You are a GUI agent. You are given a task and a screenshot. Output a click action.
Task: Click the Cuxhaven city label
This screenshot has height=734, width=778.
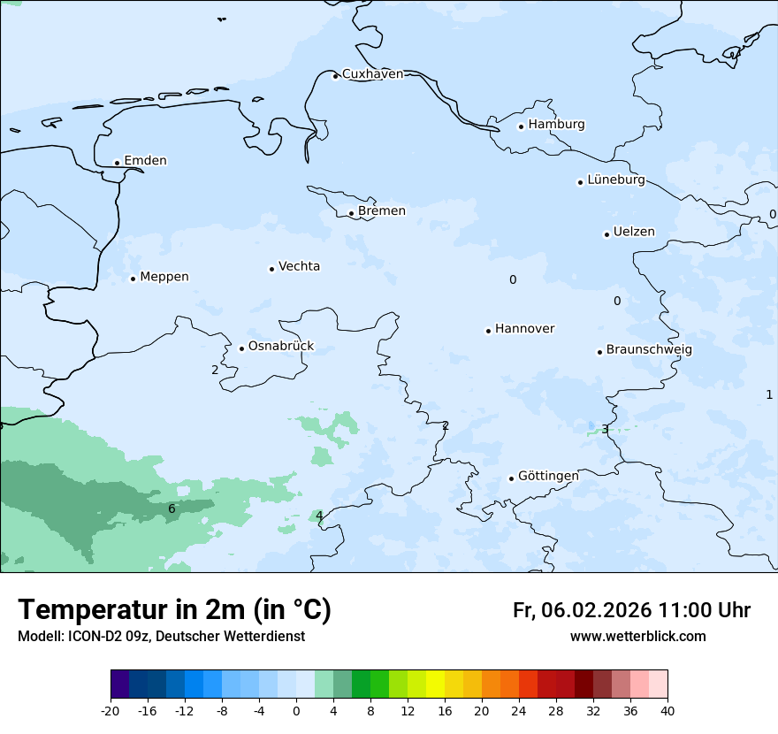(x=372, y=74)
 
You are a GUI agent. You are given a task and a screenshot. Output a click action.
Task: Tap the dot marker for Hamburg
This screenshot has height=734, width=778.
(x=522, y=126)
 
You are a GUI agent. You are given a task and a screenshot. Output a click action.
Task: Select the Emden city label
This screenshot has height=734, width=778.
(x=145, y=161)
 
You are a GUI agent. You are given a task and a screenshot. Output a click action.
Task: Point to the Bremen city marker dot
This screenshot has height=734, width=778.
(x=351, y=213)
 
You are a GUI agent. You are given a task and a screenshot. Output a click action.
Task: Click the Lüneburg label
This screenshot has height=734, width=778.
(x=615, y=180)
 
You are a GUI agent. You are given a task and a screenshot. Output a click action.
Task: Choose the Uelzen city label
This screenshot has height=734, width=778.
(x=634, y=233)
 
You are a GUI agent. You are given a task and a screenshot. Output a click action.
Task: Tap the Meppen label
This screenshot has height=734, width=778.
(x=164, y=277)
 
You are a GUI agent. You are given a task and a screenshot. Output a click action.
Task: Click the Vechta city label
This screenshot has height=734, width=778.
(x=299, y=266)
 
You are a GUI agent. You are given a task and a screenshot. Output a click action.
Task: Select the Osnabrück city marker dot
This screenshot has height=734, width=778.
(x=241, y=348)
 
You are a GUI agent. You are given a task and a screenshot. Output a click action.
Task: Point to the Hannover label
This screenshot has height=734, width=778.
(x=524, y=329)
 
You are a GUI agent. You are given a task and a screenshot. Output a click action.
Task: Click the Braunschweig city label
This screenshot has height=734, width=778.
(x=649, y=350)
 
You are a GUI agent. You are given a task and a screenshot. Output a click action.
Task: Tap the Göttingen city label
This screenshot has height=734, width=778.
(x=548, y=477)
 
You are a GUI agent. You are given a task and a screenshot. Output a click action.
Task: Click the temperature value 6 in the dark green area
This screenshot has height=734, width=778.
(x=172, y=508)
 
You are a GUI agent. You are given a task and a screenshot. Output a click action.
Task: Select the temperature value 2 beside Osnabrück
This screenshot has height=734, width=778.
(x=215, y=370)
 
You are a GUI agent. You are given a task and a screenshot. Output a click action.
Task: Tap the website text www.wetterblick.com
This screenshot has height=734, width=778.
(x=637, y=637)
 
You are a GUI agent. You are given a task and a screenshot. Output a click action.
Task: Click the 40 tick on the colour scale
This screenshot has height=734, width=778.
(x=667, y=711)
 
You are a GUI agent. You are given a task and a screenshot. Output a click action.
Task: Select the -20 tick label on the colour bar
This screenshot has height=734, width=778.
(x=111, y=711)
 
